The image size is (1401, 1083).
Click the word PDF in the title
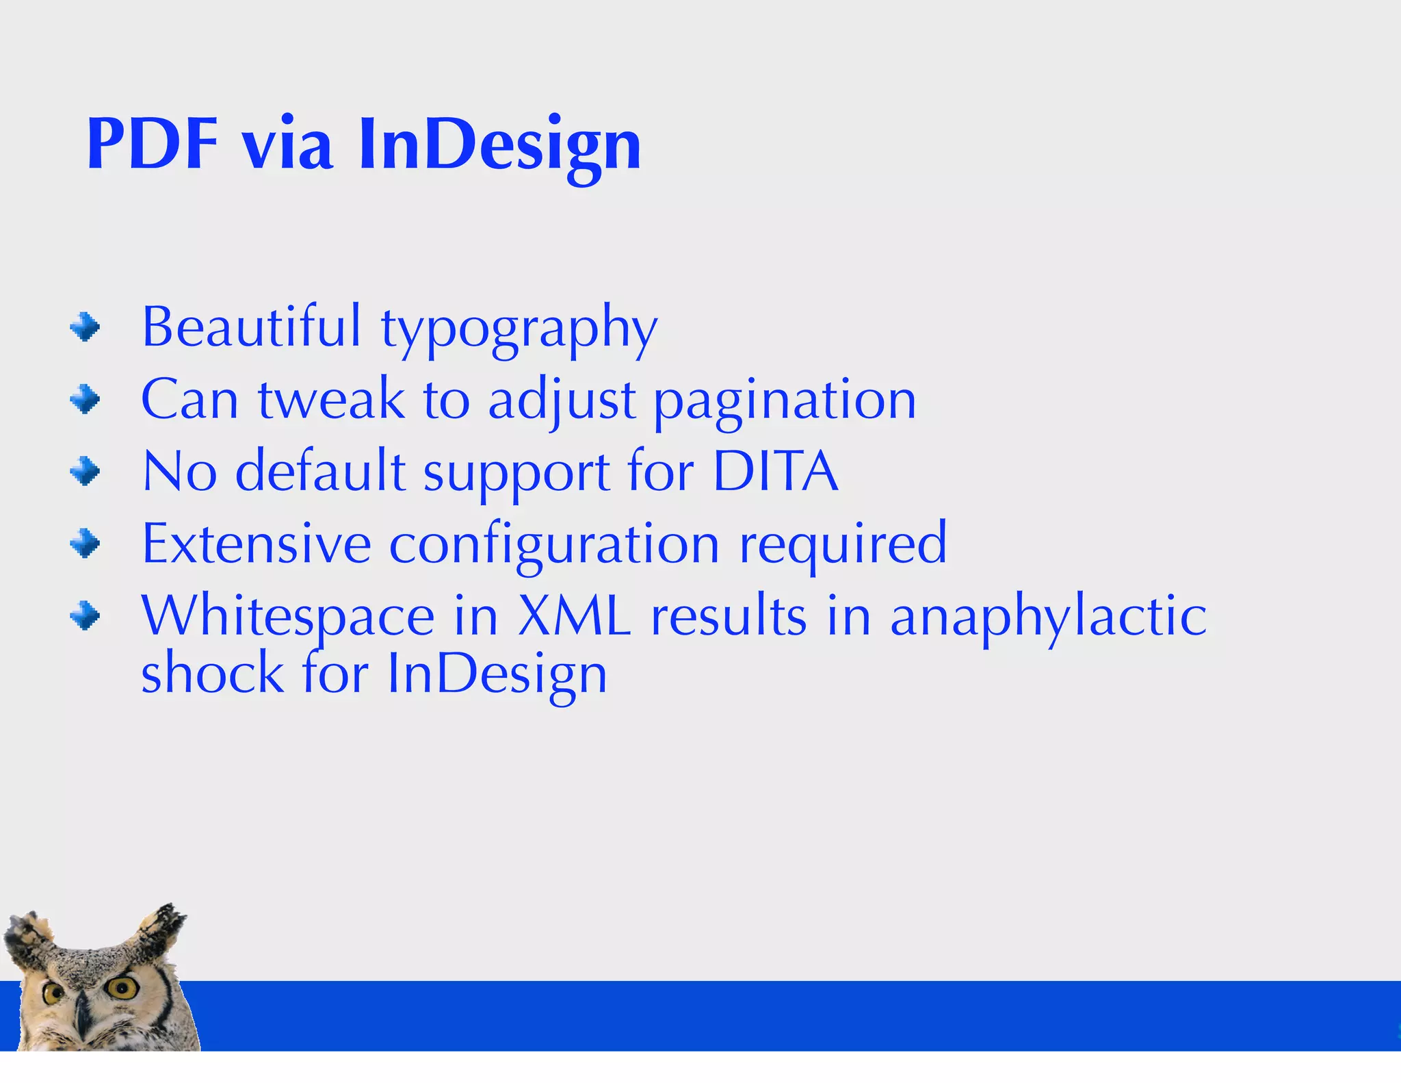pos(152,144)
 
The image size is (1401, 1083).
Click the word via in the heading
pos(288,144)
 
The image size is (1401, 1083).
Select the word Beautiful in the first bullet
pos(250,327)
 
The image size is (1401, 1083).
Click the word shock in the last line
pos(212,674)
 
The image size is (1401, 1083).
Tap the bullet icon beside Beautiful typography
pos(85,327)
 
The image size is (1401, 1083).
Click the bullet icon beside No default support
pos(85,471)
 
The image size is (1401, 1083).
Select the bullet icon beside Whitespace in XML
pos(85,615)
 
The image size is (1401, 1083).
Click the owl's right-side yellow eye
pos(123,986)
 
